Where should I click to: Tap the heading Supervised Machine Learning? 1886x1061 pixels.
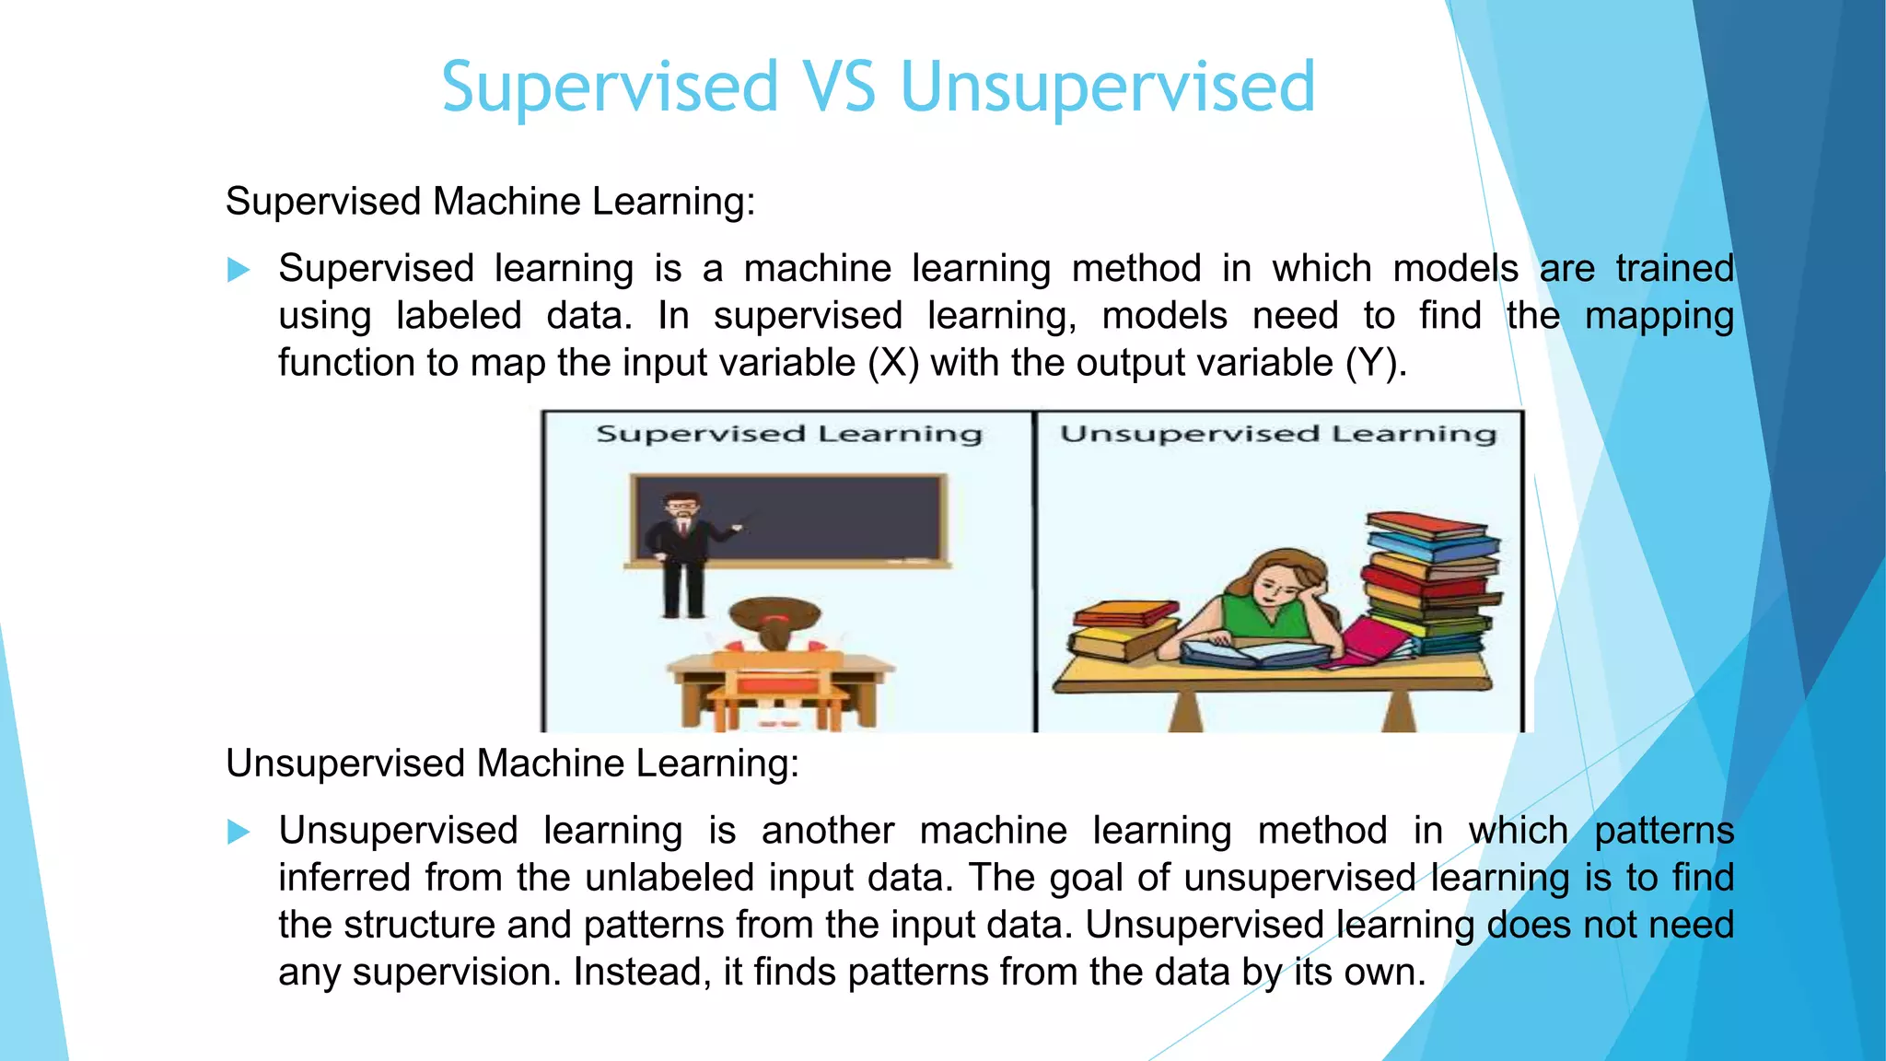coord(490,201)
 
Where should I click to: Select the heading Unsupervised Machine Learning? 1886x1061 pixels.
coord(512,764)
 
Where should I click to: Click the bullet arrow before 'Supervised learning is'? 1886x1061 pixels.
coord(239,270)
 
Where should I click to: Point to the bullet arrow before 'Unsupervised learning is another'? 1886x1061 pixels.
coord(239,833)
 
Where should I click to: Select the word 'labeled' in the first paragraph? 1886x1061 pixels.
coord(459,316)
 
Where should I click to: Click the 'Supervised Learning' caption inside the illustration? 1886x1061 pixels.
coord(789,434)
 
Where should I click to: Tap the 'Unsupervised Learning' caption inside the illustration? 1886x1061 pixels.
coord(1278,434)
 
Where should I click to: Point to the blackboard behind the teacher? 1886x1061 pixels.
coord(829,520)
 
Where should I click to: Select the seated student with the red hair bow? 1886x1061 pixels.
coord(774,635)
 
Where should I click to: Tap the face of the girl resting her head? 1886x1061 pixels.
coord(1277,585)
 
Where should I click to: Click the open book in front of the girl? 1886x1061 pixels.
coord(1252,653)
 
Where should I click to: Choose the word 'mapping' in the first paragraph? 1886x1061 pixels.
coord(1659,316)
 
